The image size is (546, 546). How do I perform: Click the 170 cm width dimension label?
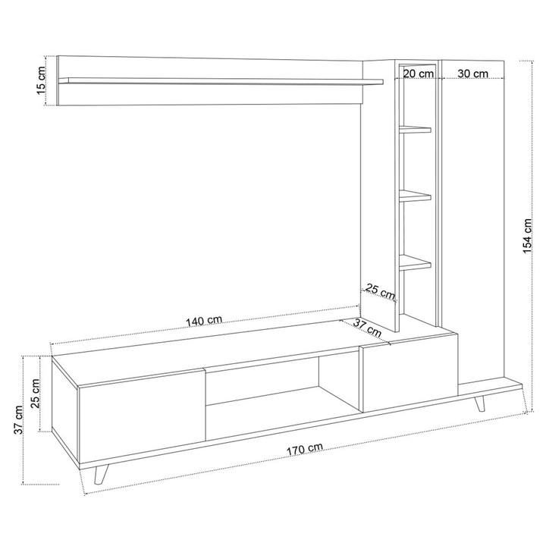tap(305, 449)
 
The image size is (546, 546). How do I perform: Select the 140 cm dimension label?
tap(204, 321)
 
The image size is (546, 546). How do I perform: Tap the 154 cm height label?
tap(528, 236)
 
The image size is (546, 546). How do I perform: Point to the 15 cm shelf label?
tap(41, 80)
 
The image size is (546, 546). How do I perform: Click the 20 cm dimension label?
tap(418, 74)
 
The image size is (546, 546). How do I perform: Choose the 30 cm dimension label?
tap(473, 74)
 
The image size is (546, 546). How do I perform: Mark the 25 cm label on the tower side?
tap(380, 291)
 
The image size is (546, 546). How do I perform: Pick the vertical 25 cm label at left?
tap(35, 394)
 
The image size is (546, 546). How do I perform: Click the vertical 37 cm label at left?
tap(18, 419)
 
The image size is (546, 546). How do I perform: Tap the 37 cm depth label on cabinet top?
tap(368, 328)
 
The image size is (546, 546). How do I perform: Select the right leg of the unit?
tap(480, 403)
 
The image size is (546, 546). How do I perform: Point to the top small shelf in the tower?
tap(415, 130)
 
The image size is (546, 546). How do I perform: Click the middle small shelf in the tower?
tap(415, 196)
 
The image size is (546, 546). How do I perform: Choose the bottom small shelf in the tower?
tap(415, 262)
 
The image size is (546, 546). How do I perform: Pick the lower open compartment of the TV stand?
tap(282, 413)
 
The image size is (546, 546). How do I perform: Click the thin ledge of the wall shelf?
tap(221, 81)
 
